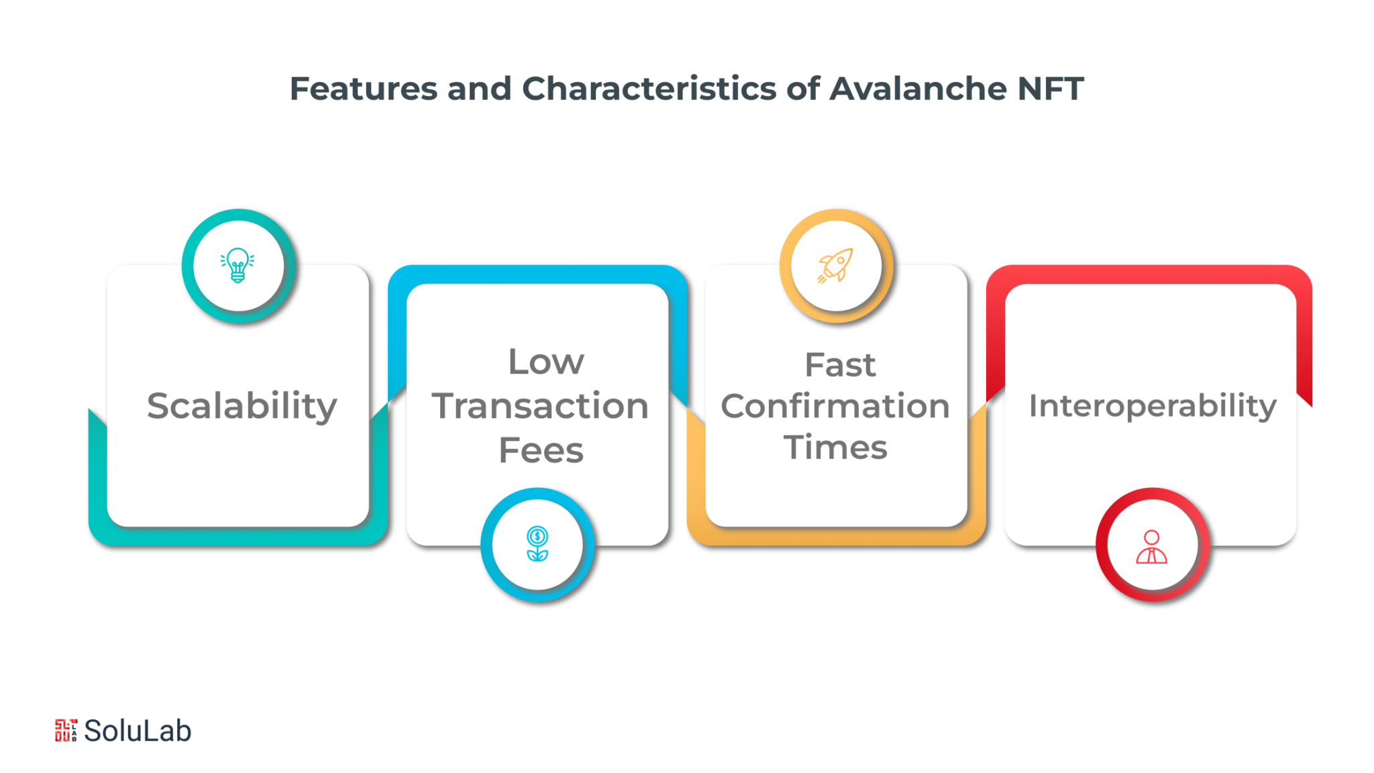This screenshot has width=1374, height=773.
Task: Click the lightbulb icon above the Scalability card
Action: (x=237, y=265)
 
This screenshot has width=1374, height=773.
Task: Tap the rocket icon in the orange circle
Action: (x=835, y=265)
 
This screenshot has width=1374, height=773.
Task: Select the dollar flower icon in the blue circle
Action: (x=537, y=544)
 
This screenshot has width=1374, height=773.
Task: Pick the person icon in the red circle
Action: (x=1151, y=546)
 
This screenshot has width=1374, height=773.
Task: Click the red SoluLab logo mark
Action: (x=66, y=730)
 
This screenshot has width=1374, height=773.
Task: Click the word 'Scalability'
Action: (x=242, y=407)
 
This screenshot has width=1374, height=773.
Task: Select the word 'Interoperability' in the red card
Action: (x=1152, y=407)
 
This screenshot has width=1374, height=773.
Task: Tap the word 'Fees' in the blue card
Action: (x=541, y=450)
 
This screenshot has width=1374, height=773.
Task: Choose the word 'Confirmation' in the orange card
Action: (x=835, y=406)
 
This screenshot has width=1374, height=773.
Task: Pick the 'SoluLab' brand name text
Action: (x=138, y=731)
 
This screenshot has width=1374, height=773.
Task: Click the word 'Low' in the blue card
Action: (x=546, y=362)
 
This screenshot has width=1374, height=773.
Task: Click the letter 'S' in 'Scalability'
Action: (x=158, y=405)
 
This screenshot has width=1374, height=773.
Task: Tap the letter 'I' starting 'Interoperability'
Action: (x=1033, y=405)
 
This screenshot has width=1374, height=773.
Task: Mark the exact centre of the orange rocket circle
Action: (x=836, y=266)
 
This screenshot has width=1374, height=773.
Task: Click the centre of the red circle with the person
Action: (x=1153, y=545)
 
